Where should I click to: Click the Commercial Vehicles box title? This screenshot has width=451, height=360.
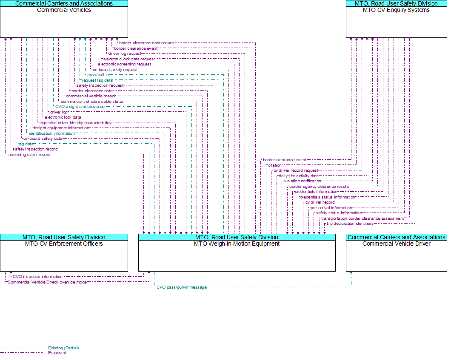pos(64,10)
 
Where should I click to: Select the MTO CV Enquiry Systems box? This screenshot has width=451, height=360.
pos(397,19)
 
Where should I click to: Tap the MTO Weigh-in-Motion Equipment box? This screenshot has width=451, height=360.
pos(237,252)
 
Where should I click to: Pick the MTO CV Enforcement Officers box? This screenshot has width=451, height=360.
pos(64,252)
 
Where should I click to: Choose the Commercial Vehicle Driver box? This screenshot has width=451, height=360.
pos(397,252)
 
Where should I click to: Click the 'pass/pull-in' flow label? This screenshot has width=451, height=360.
pos(98,75)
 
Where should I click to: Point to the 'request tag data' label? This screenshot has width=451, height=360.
pos(97,80)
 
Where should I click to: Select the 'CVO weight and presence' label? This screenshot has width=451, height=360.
pos(80,107)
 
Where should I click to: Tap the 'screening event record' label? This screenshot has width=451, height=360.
pos(29,155)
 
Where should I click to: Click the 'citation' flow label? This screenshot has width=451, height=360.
pos(275,165)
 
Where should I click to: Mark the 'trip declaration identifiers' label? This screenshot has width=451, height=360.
pos(350,224)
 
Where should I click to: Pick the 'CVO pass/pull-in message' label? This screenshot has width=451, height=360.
pos(182,287)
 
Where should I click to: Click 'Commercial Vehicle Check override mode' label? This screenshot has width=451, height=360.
pos(47,282)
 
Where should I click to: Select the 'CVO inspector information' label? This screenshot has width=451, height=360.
pos(37,277)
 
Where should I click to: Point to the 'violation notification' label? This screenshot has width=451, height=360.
pos(302,181)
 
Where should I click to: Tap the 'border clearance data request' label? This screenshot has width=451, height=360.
pos(147,43)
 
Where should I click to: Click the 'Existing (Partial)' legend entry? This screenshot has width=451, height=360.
pos(63,348)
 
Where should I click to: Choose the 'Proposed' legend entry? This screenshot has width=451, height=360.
pos(57,353)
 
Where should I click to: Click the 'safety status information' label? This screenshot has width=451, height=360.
pos(339,213)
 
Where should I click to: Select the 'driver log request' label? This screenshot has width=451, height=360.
pos(125,54)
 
